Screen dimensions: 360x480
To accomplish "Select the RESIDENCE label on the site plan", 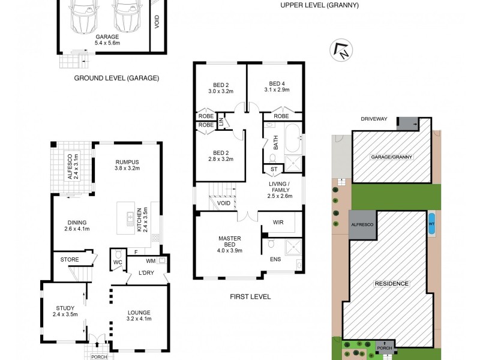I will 392,283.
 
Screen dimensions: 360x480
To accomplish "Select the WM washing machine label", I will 151,261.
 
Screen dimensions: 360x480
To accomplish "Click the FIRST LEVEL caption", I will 251,296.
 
